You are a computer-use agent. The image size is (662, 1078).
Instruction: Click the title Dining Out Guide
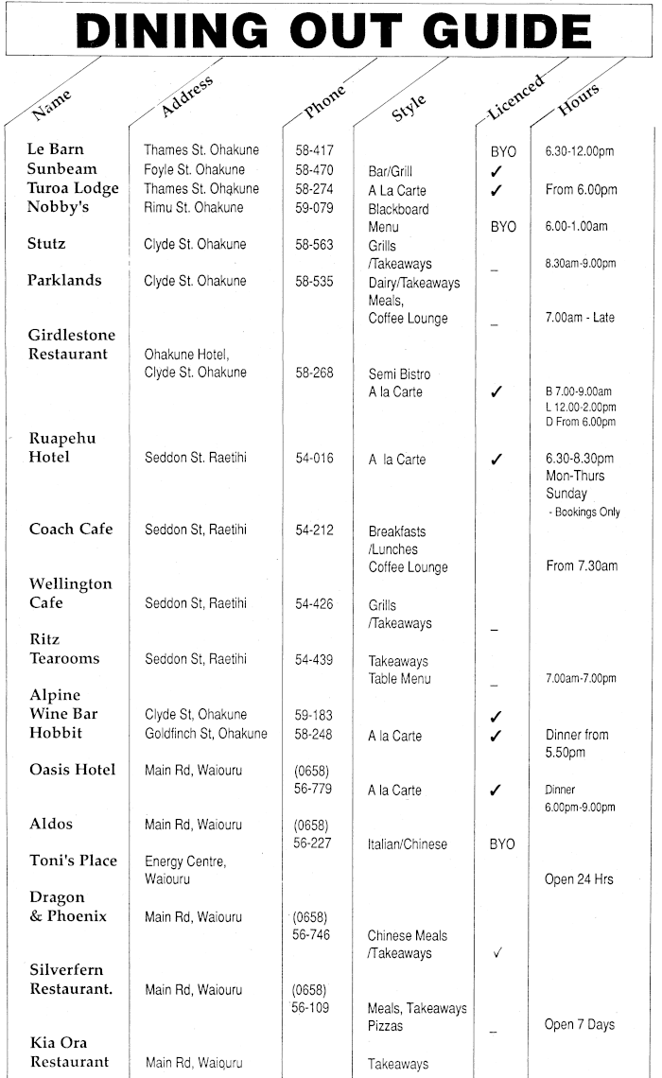coord(330,32)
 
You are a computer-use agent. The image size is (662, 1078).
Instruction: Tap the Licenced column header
coord(515,96)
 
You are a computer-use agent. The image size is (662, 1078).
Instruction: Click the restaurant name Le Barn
coord(55,149)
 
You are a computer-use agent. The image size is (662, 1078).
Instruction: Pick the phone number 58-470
coord(314,170)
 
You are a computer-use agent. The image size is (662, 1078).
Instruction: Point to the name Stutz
coord(46,244)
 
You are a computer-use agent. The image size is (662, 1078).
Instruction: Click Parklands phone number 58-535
coord(314,281)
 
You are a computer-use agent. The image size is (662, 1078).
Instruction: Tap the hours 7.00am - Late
coord(579,318)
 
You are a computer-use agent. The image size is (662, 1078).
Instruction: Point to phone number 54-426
coord(314,603)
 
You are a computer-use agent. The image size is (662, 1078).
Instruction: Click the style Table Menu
coord(399,679)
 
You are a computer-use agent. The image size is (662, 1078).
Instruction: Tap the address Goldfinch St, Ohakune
coord(205,734)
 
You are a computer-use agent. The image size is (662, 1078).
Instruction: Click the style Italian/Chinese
coord(408,843)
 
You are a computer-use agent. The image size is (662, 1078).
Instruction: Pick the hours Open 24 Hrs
coord(579,879)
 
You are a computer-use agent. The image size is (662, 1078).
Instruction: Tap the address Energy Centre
coord(184,861)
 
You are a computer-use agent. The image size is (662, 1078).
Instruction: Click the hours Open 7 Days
coord(579,1024)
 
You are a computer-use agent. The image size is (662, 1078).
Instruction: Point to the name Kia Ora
coord(58,1043)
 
